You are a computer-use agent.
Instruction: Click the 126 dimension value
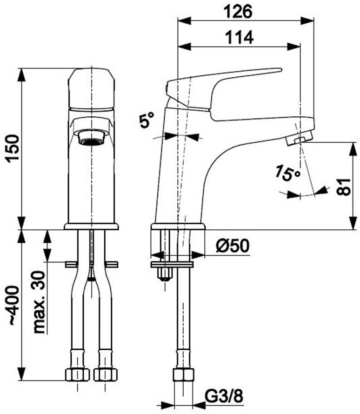click(x=238, y=12)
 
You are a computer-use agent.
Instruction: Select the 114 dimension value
click(x=240, y=37)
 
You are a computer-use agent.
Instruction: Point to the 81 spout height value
click(x=344, y=187)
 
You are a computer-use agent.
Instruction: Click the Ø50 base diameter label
click(x=233, y=246)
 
